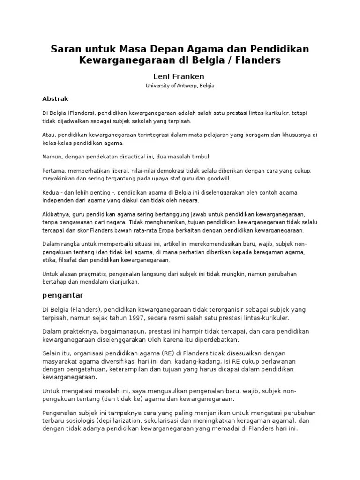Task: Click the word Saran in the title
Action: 67,49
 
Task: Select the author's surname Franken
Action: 189,76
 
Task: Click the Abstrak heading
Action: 56,99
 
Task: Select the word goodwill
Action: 219,179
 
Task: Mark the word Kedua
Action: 52,193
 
